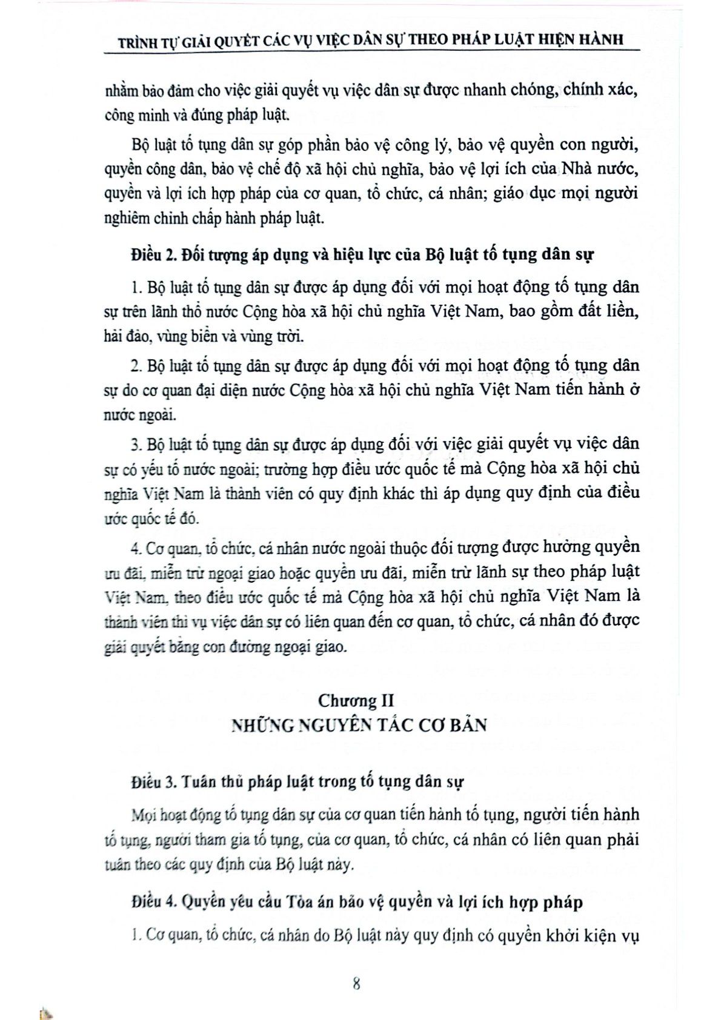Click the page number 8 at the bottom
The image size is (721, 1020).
coord(356,983)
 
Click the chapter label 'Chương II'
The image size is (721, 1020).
coord(356,701)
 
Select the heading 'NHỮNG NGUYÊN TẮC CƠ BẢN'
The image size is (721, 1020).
coord(359,726)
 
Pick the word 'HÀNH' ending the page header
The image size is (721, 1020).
coord(602,40)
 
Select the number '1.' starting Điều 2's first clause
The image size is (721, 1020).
coord(136,287)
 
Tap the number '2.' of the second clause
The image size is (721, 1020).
coord(136,366)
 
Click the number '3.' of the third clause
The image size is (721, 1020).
coord(136,444)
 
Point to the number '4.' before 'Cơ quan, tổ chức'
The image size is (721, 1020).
coord(136,548)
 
